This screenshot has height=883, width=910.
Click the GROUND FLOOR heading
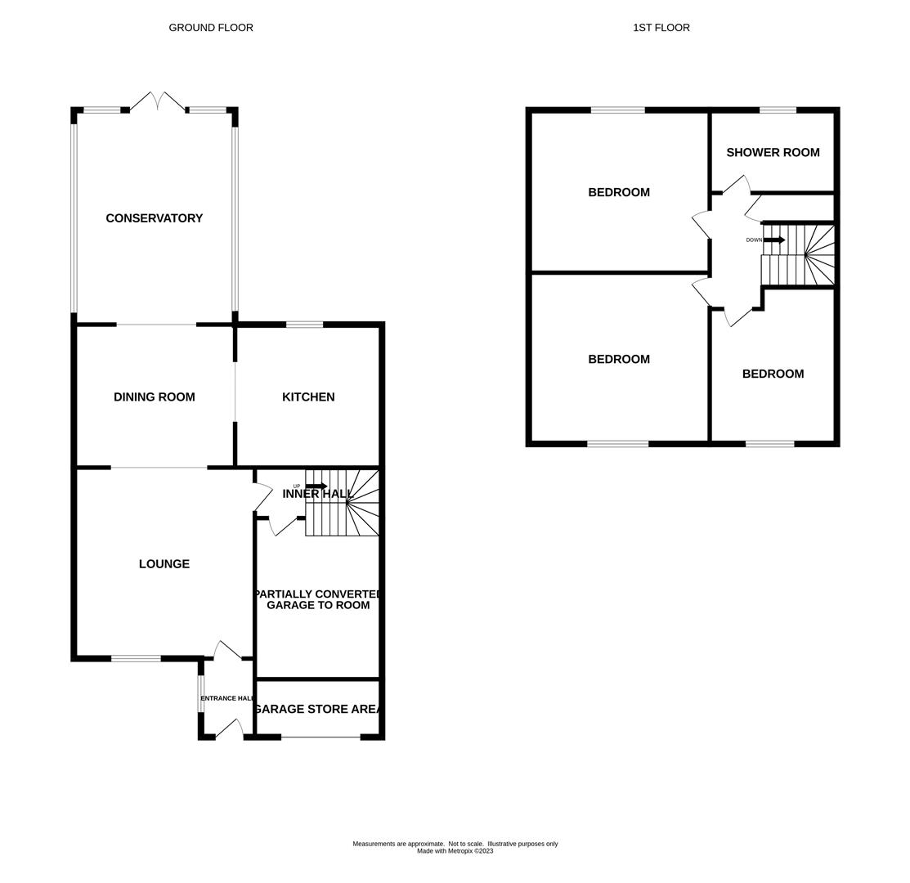(211, 28)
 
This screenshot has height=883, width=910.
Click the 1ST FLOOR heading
(661, 28)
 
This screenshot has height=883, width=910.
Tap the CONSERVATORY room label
(154, 218)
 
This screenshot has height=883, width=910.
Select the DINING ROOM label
(154, 397)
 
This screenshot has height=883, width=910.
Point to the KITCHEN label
(308, 397)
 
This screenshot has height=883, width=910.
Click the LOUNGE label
(164, 564)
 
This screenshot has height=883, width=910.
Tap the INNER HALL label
(317, 494)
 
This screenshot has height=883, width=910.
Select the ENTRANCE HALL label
(227, 698)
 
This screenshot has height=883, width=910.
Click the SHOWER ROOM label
(773, 153)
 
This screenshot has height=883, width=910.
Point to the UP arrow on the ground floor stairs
(316, 486)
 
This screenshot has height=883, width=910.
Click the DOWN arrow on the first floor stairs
(773, 240)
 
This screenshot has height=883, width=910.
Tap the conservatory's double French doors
(157, 101)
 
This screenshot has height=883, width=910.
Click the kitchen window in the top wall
(304, 325)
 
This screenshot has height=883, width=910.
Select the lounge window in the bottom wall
(136, 658)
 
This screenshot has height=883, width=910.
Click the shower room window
(777, 110)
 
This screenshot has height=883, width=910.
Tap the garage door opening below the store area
(321, 737)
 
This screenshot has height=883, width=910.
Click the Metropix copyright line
(455, 851)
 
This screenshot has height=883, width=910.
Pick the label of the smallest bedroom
(773, 374)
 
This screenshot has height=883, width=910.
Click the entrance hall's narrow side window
(201, 693)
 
